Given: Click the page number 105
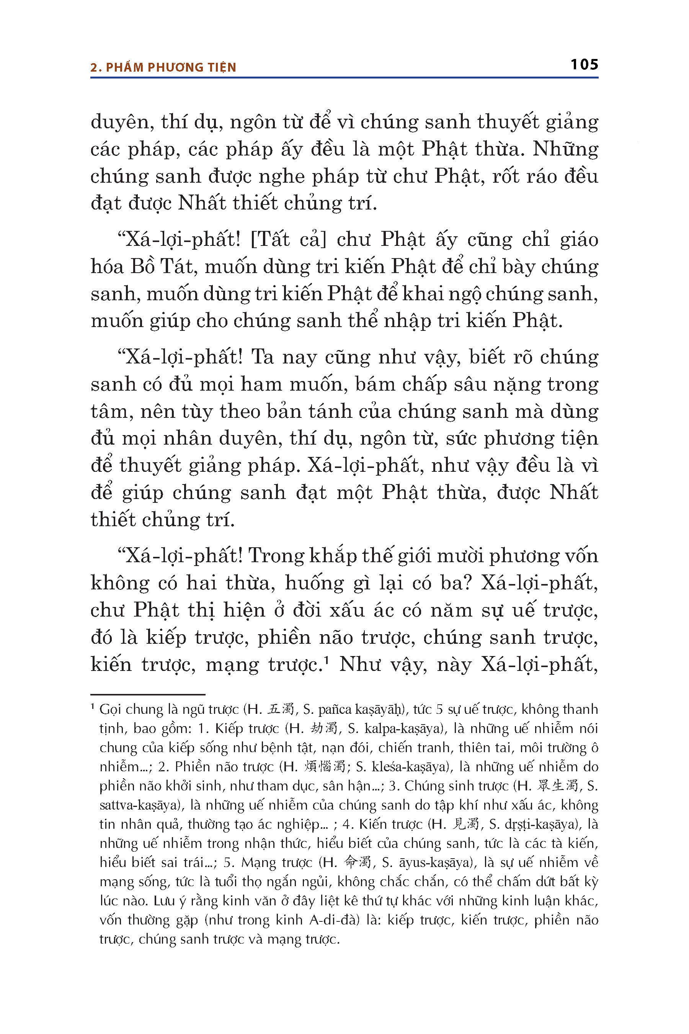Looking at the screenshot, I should pyautogui.click(x=584, y=65).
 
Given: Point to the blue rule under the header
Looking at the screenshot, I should pyautogui.click(x=344, y=78).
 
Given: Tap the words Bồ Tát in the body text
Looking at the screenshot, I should pyautogui.click(x=163, y=267).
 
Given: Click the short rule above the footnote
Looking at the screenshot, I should pyautogui.click(x=148, y=694).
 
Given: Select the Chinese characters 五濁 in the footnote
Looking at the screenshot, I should pyautogui.click(x=281, y=709).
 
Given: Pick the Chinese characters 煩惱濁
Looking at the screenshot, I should pyautogui.click(x=325, y=767).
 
